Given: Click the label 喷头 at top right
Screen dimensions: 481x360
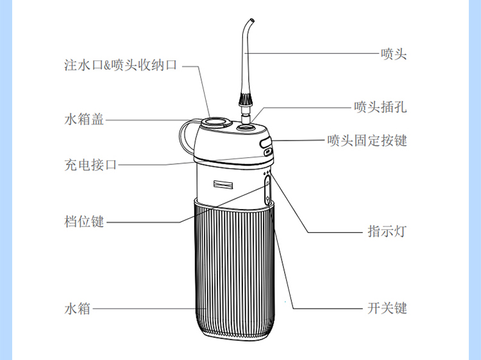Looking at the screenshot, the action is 394,54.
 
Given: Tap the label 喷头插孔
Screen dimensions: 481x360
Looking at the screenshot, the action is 380,107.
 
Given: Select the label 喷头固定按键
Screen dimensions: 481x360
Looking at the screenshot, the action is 367,141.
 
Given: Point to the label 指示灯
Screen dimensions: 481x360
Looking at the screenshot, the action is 387,231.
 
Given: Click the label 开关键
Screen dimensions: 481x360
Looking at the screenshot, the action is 387,308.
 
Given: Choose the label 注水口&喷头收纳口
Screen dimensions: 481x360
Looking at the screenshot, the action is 121,65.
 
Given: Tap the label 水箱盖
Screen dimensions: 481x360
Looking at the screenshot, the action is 84,119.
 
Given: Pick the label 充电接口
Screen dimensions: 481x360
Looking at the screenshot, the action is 90,164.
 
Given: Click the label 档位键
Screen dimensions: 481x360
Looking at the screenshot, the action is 84,221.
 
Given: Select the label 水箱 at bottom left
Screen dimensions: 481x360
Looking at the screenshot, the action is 78,308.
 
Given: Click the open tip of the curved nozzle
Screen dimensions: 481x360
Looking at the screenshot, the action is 252,21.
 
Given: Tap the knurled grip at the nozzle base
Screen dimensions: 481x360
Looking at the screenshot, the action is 246,99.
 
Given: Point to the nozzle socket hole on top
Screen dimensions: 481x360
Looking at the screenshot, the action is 246,126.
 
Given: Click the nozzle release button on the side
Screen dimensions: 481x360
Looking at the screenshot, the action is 266,142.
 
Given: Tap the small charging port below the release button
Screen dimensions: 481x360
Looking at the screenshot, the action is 268,151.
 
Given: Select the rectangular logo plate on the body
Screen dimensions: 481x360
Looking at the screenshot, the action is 223,184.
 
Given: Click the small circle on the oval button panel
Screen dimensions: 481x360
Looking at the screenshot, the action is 268,184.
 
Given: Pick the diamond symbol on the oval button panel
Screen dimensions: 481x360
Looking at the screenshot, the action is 268,198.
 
